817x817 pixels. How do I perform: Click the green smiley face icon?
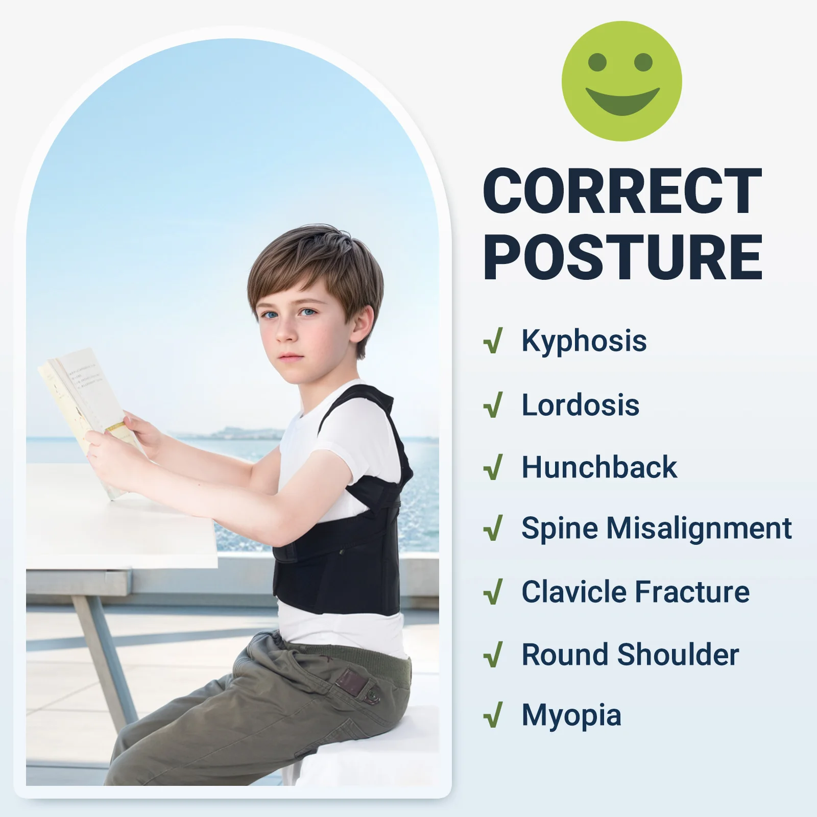point(621,81)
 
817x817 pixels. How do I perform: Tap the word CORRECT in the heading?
point(622,191)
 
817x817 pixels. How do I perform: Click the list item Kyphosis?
point(584,341)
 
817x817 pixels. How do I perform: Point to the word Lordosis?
point(580,405)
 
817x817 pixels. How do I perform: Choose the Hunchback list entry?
point(599,467)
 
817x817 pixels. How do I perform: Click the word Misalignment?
point(699,528)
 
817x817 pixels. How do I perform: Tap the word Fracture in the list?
point(692,592)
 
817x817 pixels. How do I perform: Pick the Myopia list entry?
point(571,716)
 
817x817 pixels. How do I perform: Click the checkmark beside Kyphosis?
point(493,341)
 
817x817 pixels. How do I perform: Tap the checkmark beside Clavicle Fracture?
point(493,592)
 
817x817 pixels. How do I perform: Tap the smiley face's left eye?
point(597,62)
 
